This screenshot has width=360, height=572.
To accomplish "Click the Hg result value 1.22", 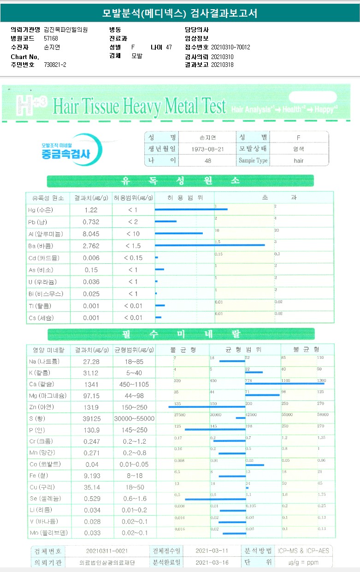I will coord(91,210).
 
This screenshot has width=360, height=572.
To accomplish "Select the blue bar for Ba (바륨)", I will coord(210,245).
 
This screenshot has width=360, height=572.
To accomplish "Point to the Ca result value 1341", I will coord(91,384).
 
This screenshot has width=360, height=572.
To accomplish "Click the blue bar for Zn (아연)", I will coord(207,406).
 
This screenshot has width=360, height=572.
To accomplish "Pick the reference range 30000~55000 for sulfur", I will coord(134,418).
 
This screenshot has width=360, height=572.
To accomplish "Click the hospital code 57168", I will coord(51,38).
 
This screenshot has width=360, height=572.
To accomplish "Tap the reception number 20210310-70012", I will coord(230,47).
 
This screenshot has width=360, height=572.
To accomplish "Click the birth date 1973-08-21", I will coord(207,149).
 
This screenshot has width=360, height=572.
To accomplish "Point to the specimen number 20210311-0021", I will coord(107,551).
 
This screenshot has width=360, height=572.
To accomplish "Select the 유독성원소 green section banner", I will coord(180,181).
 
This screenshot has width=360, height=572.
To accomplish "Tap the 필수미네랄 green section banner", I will coord(180,334).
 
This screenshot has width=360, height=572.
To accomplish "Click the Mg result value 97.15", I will coord(91,396).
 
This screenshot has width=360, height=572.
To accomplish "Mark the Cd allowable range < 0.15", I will coord(133,258).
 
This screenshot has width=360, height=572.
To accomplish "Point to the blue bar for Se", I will coord(215,499).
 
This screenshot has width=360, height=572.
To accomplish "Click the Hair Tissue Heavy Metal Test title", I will coord(140,106).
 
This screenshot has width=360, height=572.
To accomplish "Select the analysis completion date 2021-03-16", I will coord(212,563).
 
